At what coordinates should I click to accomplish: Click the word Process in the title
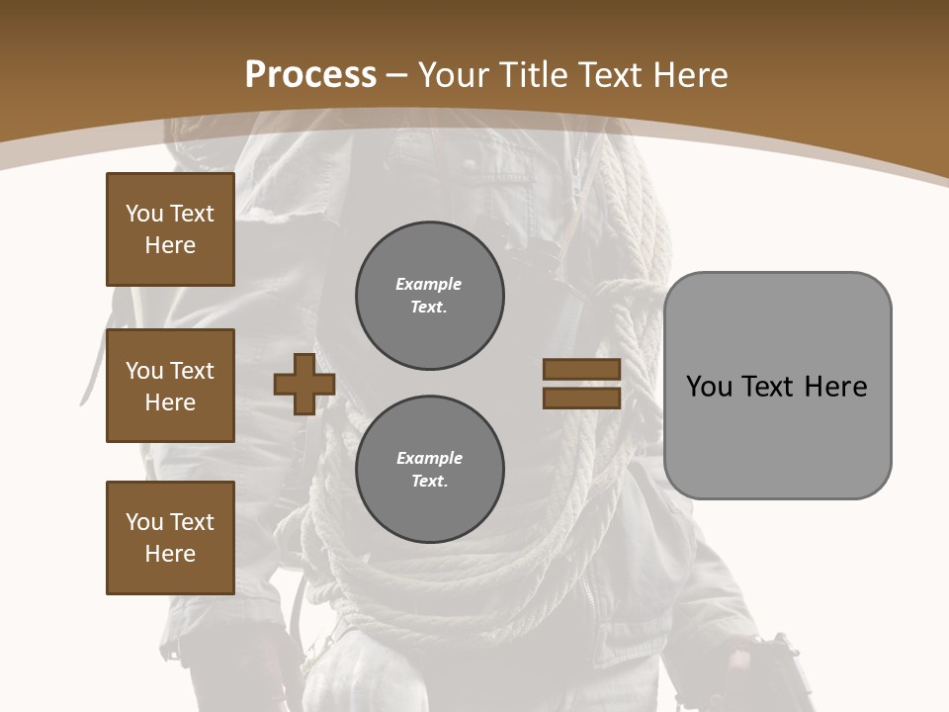310,75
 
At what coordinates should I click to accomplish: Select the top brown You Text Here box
170,229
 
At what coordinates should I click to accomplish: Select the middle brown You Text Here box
170,386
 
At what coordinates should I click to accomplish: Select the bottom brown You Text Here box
170,537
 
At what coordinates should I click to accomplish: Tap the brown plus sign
303,384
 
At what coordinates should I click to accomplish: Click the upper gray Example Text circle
429,296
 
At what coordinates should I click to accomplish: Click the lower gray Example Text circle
429,469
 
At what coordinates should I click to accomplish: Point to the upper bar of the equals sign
581,369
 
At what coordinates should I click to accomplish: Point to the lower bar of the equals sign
581,398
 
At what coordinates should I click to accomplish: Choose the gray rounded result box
777,386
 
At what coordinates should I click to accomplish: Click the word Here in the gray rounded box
835,387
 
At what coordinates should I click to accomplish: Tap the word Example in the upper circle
428,284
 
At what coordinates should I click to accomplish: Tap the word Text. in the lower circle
429,482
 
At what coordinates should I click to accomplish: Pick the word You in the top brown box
143,214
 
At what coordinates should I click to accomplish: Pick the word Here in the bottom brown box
170,554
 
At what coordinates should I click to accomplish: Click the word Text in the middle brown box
191,371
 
